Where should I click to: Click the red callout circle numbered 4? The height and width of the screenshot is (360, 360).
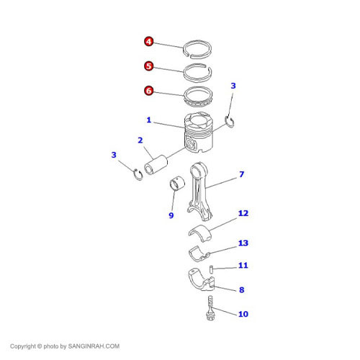[x=149, y=42]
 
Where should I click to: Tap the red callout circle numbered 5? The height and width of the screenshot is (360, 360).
[x=149, y=66]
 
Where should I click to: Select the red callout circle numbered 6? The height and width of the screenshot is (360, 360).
[x=149, y=91]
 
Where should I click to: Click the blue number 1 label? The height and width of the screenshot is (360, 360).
[x=149, y=120]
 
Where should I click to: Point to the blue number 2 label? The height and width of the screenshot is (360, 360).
[x=140, y=140]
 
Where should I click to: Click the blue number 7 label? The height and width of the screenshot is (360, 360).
[x=242, y=174]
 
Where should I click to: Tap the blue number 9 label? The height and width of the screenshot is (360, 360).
[x=171, y=215]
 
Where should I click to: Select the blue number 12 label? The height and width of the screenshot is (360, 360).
[x=243, y=213]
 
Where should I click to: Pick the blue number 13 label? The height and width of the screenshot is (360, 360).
[x=243, y=243]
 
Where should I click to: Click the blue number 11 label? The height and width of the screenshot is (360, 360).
[x=243, y=266]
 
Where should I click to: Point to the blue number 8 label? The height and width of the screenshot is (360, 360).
[x=242, y=290]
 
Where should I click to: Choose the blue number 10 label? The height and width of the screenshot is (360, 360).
[x=243, y=314]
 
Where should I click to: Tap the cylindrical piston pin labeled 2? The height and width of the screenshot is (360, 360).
[x=156, y=165]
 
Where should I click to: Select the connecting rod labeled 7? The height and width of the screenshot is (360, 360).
[x=199, y=191]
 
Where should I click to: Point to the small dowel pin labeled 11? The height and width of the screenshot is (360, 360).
[x=212, y=269]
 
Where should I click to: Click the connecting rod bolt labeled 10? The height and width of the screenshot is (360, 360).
[x=210, y=308]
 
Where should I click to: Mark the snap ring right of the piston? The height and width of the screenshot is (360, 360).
[x=230, y=122]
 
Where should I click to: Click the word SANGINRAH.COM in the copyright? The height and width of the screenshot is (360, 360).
[x=94, y=346]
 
